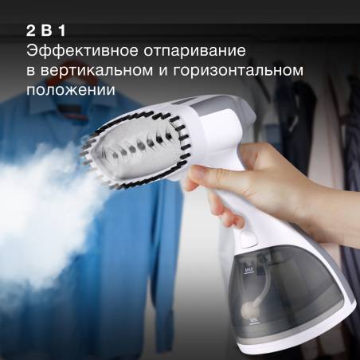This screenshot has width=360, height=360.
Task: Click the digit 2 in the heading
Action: tap(31, 31)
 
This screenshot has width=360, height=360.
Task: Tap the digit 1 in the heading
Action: tap(62, 31)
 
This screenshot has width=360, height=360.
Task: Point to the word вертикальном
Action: tap(97, 71)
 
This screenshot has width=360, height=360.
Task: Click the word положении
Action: tap(71, 90)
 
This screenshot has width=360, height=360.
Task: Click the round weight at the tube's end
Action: tap(248, 308)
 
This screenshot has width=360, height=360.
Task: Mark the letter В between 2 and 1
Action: tap(47, 31)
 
